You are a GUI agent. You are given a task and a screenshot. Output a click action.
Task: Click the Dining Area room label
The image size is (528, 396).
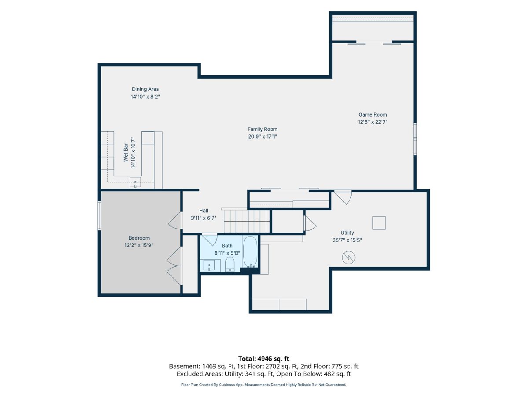pyautogui.click(x=145, y=89)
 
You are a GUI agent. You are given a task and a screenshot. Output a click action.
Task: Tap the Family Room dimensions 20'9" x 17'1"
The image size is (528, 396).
pyautogui.click(x=262, y=136)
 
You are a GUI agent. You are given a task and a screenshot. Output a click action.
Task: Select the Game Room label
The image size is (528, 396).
pyautogui.click(x=373, y=115)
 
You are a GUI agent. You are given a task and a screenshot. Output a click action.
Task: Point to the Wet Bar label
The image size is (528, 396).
pyautogui.click(x=125, y=152)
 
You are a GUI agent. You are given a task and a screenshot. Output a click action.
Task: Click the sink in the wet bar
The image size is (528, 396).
pyautogui.click(x=135, y=182)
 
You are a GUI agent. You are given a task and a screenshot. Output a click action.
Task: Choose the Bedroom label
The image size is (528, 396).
pyautogui.click(x=139, y=238)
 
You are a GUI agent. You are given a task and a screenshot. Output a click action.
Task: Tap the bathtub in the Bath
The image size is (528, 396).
pyautogui.click(x=250, y=252)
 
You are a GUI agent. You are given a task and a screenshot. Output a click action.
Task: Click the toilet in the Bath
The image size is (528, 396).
pyautogui.click(x=230, y=264)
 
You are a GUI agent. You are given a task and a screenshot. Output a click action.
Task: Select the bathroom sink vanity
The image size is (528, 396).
pyautogui.click(x=210, y=265)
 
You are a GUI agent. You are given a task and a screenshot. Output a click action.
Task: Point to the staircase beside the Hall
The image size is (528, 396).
pyautogui.click(x=247, y=221)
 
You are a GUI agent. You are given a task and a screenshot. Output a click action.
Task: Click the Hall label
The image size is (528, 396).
pyautogui.click(x=204, y=211)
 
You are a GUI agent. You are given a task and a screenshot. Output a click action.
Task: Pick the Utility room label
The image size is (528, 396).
pyautogui.click(x=347, y=232)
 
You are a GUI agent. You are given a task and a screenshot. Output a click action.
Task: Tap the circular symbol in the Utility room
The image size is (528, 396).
pyautogui.click(x=348, y=257)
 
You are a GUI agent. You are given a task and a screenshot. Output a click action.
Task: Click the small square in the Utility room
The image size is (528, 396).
pyautogui.click(x=379, y=223)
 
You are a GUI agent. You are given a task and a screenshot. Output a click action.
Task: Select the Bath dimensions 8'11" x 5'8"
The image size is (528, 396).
pyautogui.click(x=227, y=253)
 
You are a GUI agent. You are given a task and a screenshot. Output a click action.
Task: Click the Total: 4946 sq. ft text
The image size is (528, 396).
pyautogui.click(x=264, y=359)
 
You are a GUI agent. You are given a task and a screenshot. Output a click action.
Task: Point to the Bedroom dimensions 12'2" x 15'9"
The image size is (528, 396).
pyautogui.click(x=139, y=245)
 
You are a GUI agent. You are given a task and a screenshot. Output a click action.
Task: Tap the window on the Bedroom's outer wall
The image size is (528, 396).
pyautogui.click(x=99, y=216)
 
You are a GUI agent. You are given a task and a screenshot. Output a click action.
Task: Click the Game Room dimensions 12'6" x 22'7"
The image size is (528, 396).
pyautogui.click(x=373, y=122)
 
